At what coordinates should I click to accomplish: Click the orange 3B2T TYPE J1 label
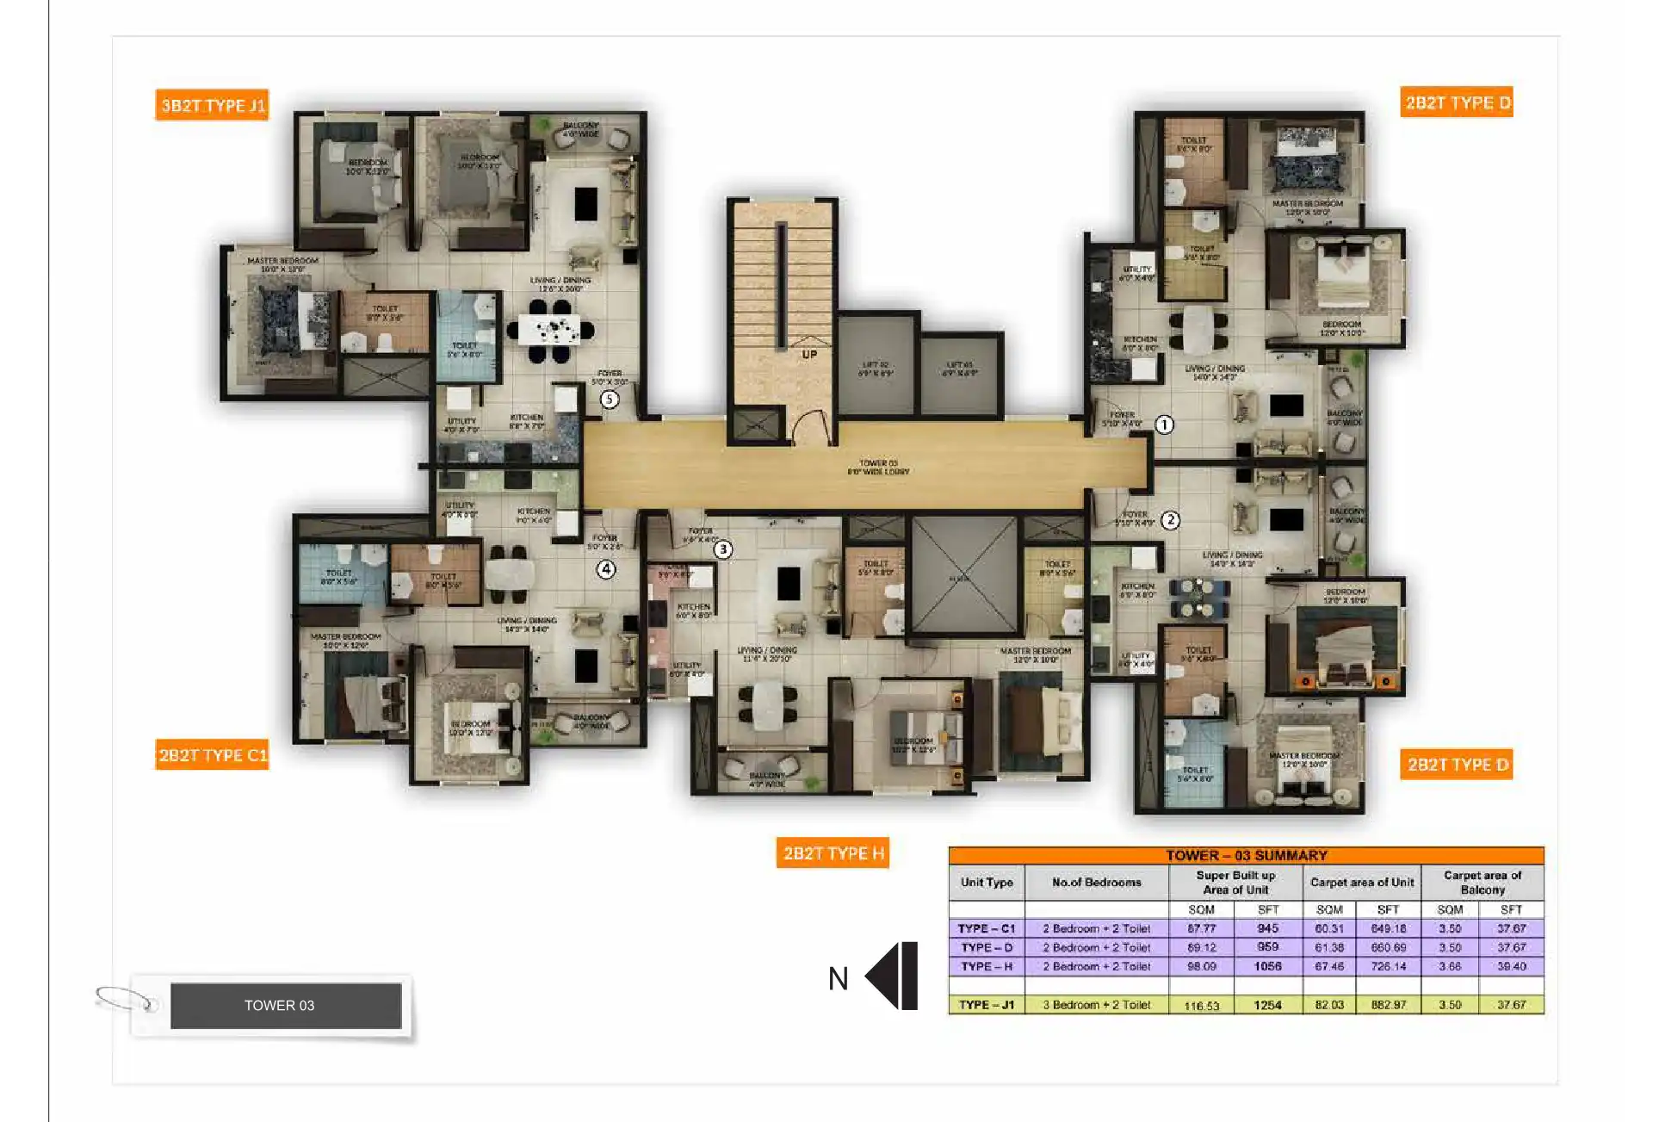click(x=212, y=105)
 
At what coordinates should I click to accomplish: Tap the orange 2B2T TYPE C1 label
click(x=212, y=755)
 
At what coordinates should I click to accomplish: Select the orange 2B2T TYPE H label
click(x=833, y=853)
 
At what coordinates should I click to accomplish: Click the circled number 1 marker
click(x=1164, y=425)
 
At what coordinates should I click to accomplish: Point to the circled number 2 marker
click(x=1170, y=520)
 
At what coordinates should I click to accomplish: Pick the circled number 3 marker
click(x=723, y=549)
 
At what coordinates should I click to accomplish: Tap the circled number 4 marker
click(x=606, y=569)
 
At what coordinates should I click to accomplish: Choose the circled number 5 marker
click(x=610, y=400)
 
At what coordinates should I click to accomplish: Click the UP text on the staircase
click(x=809, y=355)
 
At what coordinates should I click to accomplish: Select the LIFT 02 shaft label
click(x=876, y=369)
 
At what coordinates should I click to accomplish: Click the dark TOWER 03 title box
click(x=286, y=1005)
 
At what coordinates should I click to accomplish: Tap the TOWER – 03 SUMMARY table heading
click(x=1246, y=855)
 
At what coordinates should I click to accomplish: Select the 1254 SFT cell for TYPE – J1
click(x=1267, y=1005)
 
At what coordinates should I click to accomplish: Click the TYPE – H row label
click(x=987, y=966)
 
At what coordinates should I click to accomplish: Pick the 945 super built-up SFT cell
click(x=1267, y=928)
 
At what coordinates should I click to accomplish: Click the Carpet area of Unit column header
click(x=1361, y=883)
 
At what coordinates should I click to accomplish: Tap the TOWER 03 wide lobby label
click(x=877, y=468)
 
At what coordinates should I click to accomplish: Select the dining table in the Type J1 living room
click(x=551, y=330)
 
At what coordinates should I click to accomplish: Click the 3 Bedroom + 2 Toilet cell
click(x=1096, y=1005)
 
